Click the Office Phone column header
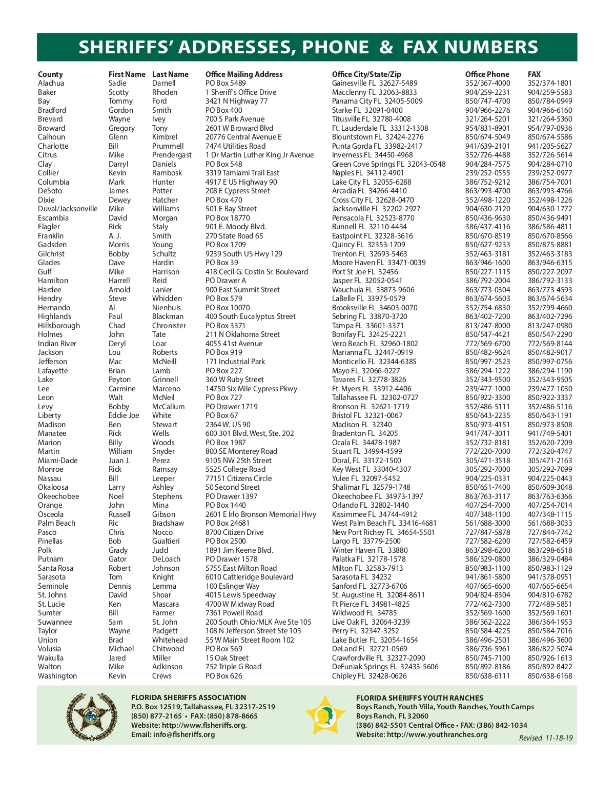point(487,74)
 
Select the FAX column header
point(534,74)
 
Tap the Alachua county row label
point(51,83)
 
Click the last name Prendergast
point(172,155)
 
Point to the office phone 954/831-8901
point(487,128)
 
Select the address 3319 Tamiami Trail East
point(242,173)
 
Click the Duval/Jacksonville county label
point(68,209)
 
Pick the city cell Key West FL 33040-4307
point(372,469)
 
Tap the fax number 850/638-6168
point(550,676)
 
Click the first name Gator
point(117,559)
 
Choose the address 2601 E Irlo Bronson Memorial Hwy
point(261,514)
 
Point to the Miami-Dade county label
point(58,461)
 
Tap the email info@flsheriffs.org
point(173,734)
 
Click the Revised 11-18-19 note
point(546,738)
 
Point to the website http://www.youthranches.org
point(422,734)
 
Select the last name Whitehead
point(170,640)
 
